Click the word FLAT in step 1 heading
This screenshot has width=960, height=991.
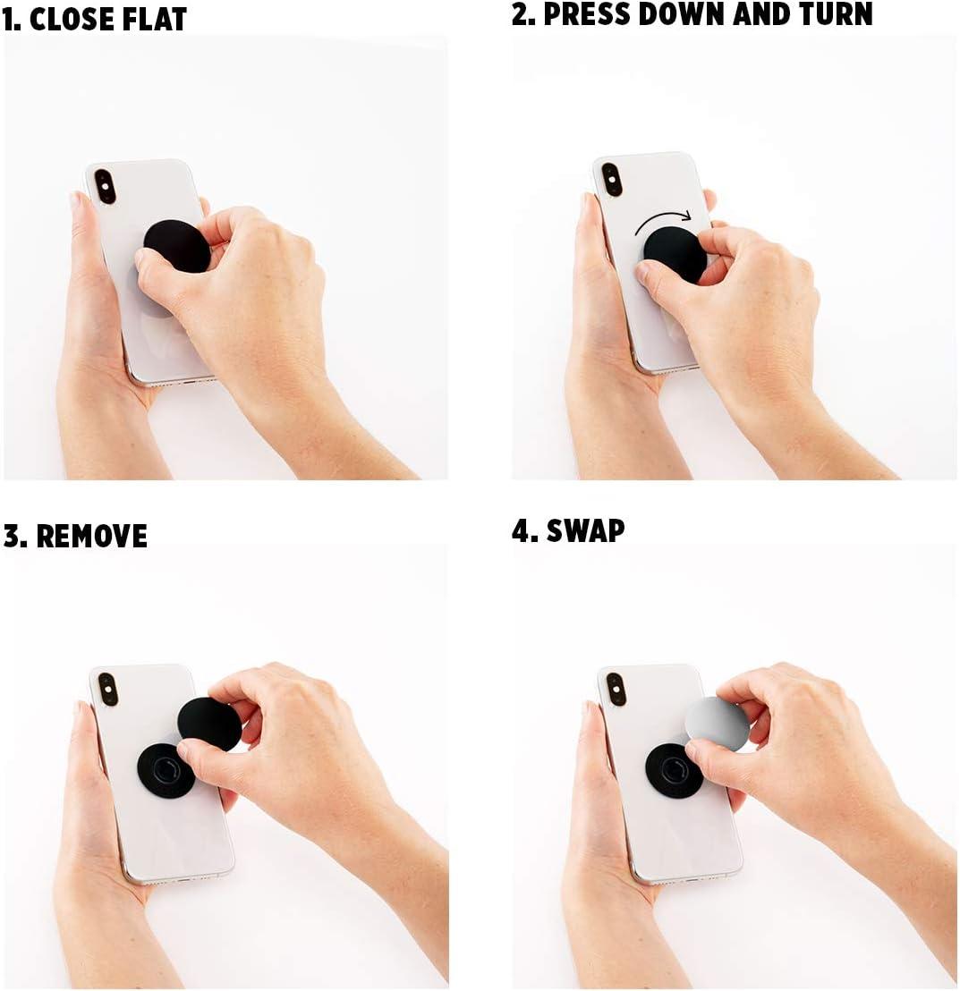[x=155, y=20]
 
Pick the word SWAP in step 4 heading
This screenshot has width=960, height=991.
[x=586, y=530]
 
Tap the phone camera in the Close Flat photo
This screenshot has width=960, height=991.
[x=105, y=186]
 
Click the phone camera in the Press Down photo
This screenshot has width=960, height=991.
[x=612, y=180]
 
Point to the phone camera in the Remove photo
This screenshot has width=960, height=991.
[x=106, y=689]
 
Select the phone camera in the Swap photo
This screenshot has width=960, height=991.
[x=616, y=689]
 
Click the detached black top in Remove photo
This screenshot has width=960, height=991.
[x=209, y=724]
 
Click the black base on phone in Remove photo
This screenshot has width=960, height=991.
[x=164, y=771]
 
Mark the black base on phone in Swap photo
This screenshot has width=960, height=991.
[x=671, y=771]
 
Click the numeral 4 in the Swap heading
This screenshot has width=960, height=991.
[x=520, y=530]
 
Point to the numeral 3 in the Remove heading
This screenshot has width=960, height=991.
[x=12, y=537]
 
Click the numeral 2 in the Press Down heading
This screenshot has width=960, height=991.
[x=520, y=14]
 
